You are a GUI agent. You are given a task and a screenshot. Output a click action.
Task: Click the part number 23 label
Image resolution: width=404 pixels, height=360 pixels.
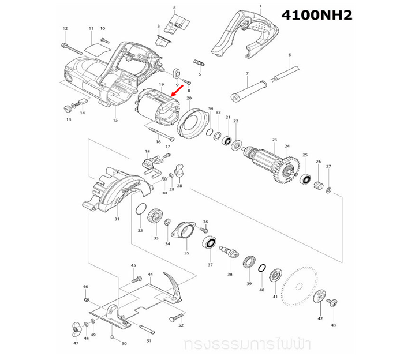pos(275,140)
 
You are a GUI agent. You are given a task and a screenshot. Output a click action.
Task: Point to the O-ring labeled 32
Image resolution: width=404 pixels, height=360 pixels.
pos(139,210)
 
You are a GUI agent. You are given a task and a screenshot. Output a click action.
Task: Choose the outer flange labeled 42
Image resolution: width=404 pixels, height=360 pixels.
pos(319,298)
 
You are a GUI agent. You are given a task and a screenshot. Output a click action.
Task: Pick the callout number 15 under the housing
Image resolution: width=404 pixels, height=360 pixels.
pos(115,120)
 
